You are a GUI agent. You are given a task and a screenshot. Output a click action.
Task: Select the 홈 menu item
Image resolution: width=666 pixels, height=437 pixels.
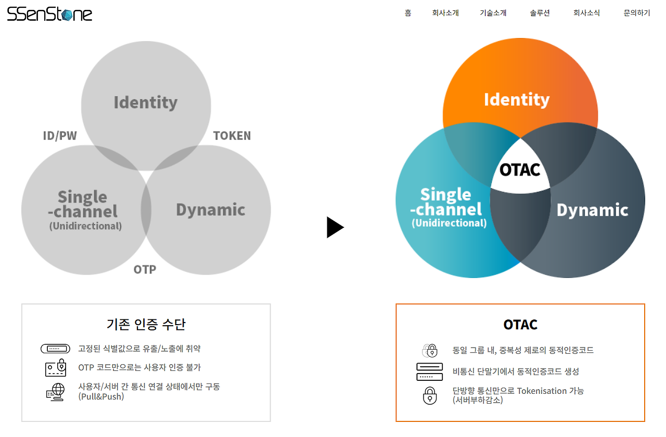pyautogui.click(x=408, y=13)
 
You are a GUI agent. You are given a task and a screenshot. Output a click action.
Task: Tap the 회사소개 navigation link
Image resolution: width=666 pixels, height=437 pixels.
pyautogui.click(x=445, y=13)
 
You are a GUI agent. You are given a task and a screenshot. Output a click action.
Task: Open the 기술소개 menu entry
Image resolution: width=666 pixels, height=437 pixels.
pyautogui.click(x=493, y=13)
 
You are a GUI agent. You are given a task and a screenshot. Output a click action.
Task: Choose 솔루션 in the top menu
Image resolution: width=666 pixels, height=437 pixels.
pyautogui.click(x=540, y=13)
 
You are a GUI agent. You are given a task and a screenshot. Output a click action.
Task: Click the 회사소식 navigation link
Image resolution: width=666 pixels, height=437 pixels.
pyautogui.click(x=586, y=13)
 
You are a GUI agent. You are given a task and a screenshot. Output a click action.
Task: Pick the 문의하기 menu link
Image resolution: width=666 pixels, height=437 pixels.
pyautogui.click(x=637, y=13)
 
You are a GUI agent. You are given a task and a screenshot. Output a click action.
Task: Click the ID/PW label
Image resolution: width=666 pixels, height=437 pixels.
pyautogui.click(x=60, y=136)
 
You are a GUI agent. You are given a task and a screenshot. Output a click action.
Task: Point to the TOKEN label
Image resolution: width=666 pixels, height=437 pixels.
pyautogui.click(x=232, y=136)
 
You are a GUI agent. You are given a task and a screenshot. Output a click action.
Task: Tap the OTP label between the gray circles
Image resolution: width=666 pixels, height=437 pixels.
pyautogui.click(x=145, y=269)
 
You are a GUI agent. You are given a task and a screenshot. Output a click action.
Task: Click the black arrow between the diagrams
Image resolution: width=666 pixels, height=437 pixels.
pyautogui.click(x=335, y=227)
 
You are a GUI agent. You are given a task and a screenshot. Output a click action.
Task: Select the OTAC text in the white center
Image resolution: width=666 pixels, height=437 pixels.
pyautogui.click(x=520, y=170)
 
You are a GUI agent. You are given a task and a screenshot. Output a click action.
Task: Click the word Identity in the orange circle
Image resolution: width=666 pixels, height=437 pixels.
pyautogui.click(x=517, y=99)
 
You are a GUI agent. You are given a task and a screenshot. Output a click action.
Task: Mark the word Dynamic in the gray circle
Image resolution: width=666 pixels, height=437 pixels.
pyautogui.click(x=210, y=210)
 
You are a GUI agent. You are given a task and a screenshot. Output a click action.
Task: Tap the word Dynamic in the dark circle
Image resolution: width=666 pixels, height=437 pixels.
pyautogui.click(x=593, y=210)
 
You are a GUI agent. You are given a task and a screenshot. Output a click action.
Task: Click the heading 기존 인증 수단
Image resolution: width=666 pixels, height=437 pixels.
pyautogui.click(x=146, y=324)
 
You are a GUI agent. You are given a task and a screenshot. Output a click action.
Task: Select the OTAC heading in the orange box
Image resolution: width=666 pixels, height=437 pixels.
pyautogui.click(x=520, y=325)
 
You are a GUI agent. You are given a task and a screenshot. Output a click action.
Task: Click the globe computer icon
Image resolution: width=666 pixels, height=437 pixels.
pyautogui.click(x=55, y=392)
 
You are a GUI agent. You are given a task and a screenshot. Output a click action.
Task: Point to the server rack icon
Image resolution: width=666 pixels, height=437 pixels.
pyautogui.click(x=429, y=371)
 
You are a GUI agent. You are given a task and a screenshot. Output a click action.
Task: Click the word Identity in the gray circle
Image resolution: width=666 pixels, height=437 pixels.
pyautogui.click(x=146, y=102)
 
